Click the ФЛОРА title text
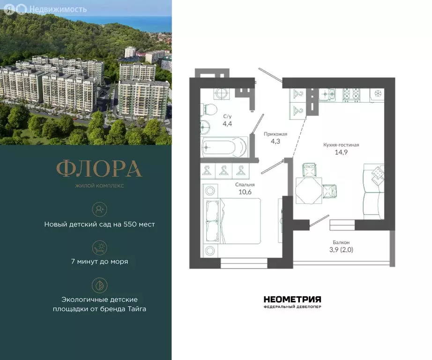tap(99, 169)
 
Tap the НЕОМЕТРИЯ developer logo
tap(292, 299)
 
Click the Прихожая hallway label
tap(276, 134)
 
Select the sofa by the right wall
tap(374, 192)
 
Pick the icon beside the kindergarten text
tap(99, 209)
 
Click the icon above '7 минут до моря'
tap(99, 246)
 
